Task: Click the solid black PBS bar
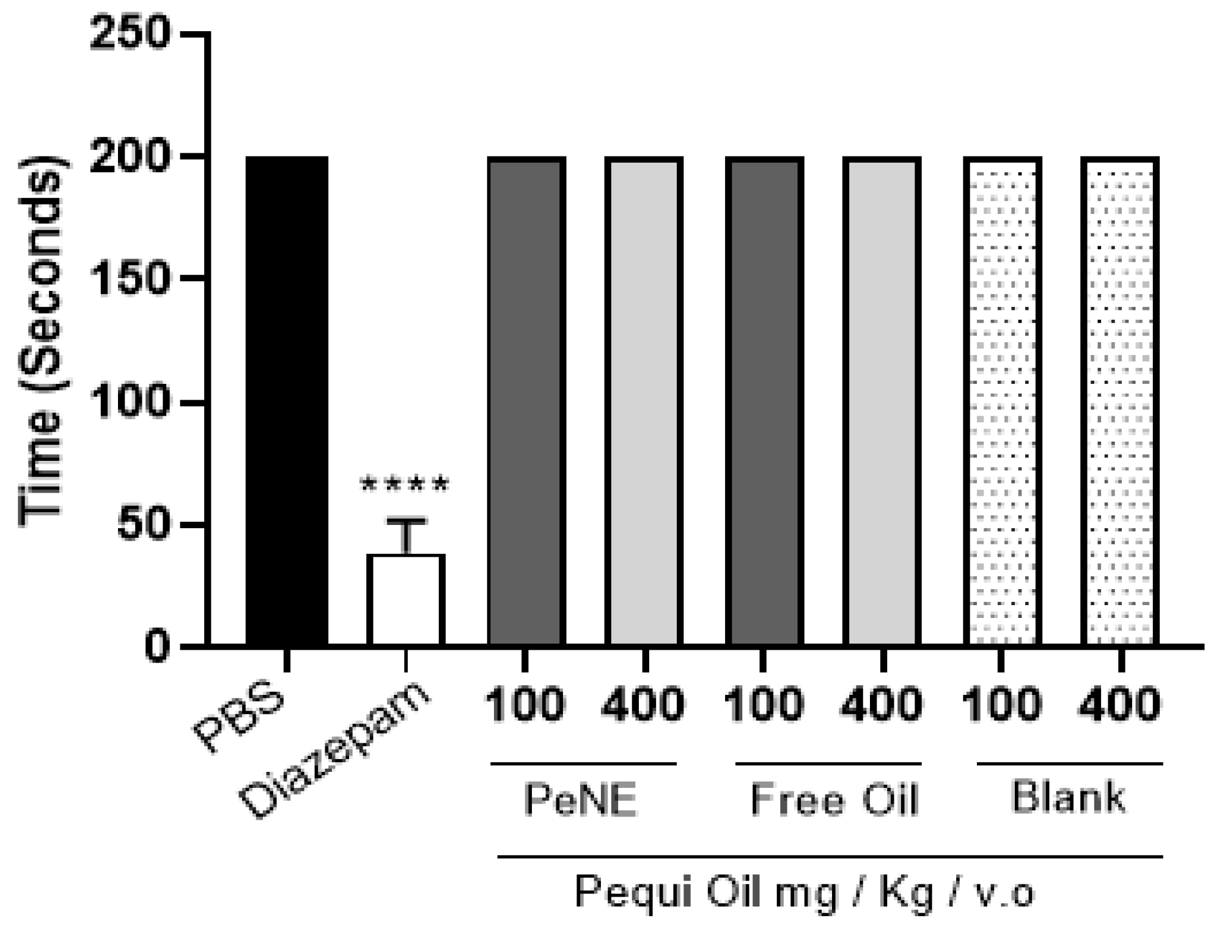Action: pos(287,400)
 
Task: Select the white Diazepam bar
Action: pos(405,599)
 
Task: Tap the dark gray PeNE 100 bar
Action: pos(526,400)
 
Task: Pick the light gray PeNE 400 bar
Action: pos(644,400)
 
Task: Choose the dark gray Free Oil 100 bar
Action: pos(764,400)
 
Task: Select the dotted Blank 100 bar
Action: pos(1002,400)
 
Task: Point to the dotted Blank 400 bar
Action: pos(1119,400)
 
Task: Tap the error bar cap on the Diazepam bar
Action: pos(405,521)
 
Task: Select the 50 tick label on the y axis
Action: pos(142,524)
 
